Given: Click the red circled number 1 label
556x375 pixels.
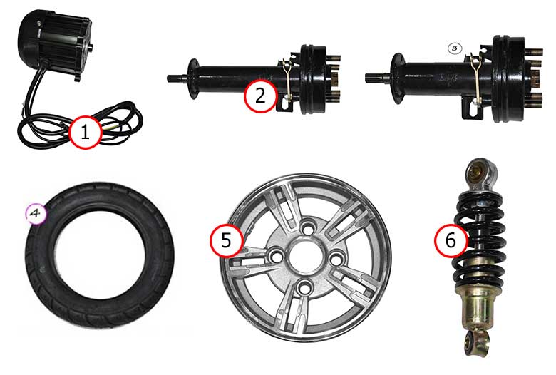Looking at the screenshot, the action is [x=86, y=132].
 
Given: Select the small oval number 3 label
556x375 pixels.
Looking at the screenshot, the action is [x=455, y=48].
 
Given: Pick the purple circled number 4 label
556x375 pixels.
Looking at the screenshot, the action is [x=36, y=214].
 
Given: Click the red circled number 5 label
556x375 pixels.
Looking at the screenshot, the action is [x=226, y=240].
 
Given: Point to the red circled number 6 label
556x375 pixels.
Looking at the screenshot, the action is [x=451, y=240].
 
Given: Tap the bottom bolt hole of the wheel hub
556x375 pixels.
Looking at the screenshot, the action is [x=304, y=287].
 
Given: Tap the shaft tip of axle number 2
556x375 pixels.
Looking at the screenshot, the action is [x=170, y=78].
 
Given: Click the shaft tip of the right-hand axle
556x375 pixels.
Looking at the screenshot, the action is [x=369, y=77].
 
